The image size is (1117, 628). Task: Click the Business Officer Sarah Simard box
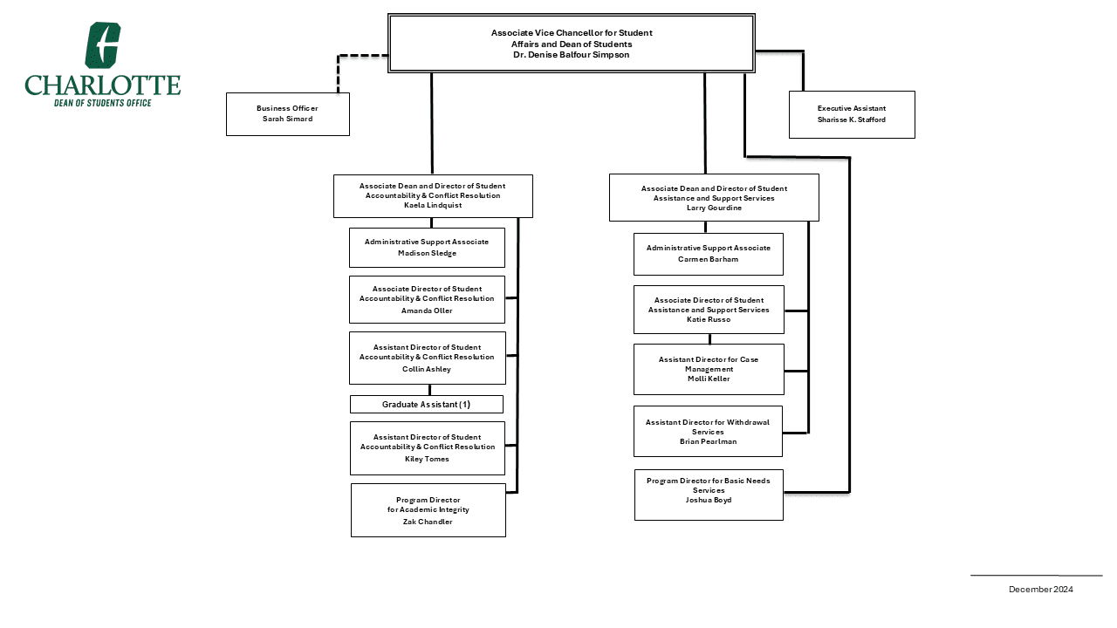point(287,114)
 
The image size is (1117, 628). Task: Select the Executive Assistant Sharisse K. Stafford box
point(852,114)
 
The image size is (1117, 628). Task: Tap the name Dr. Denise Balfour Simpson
point(571,55)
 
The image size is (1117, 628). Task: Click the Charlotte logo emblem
point(102,45)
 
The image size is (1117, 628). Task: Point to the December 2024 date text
point(1040,590)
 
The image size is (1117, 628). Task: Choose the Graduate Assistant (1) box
point(427,405)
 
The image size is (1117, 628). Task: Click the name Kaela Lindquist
point(433,206)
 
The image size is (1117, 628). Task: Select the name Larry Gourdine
point(714,208)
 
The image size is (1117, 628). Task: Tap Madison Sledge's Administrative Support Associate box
point(427,248)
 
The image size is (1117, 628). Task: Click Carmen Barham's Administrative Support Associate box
point(708,254)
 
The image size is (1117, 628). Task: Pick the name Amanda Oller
point(427,311)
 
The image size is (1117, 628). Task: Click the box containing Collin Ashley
point(427,358)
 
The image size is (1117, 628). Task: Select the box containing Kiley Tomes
point(427,447)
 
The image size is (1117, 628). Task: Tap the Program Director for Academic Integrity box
point(428,510)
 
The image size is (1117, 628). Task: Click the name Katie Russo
point(709,320)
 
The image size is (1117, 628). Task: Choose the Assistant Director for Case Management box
point(709,369)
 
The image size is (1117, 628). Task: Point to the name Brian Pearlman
point(708,441)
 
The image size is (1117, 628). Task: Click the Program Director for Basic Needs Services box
point(708,495)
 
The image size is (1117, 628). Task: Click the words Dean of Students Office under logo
point(103,103)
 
